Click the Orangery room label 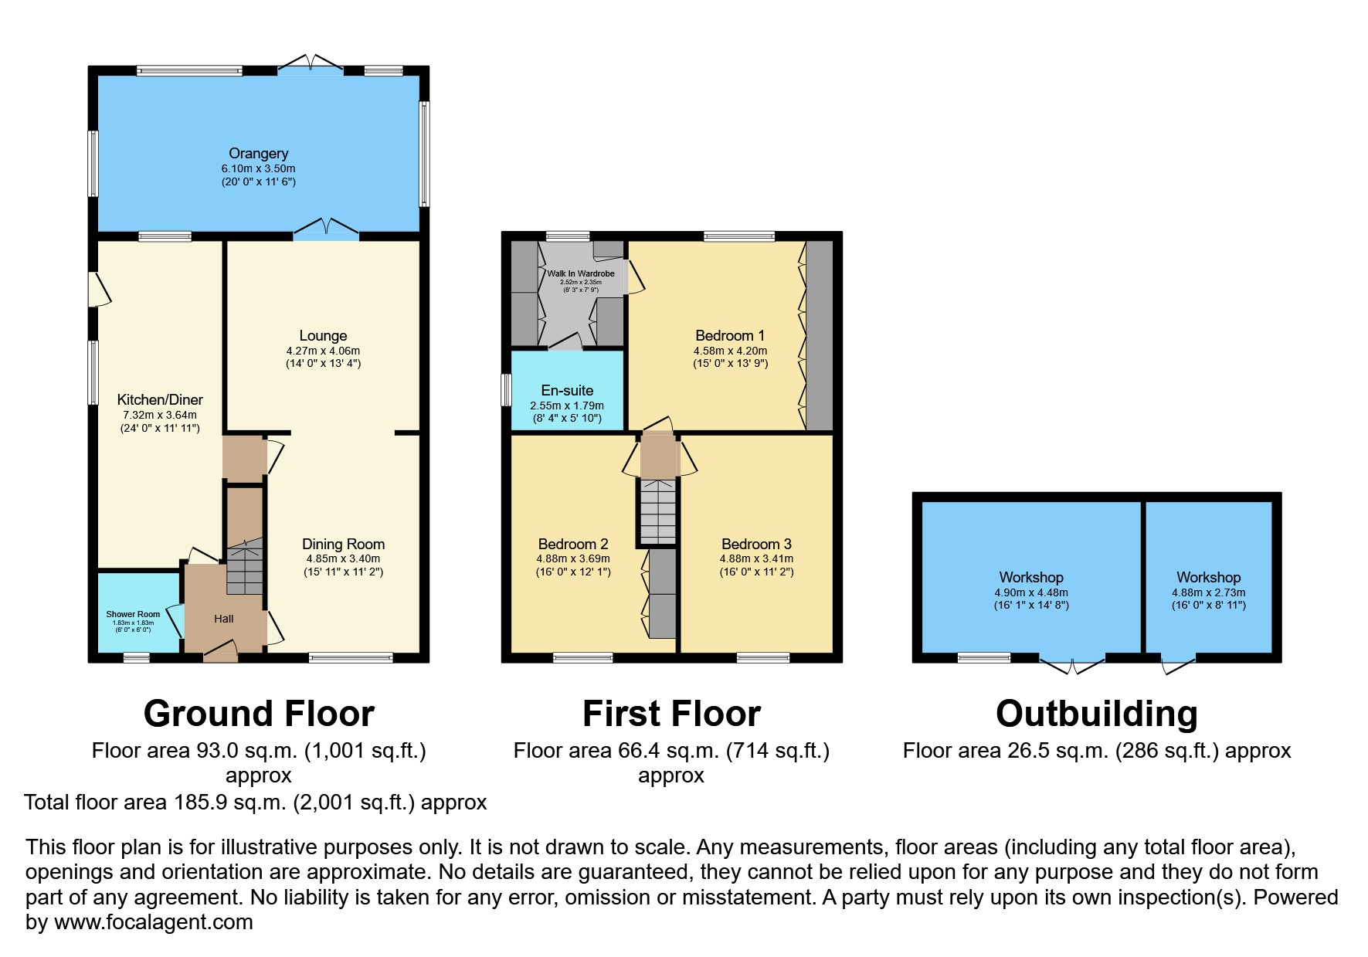pyautogui.click(x=258, y=153)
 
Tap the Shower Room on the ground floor pyautogui.click(x=133, y=614)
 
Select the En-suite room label pyautogui.click(x=567, y=390)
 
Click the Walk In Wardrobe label pyautogui.click(x=581, y=273)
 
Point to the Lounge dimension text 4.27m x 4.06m pyautogui.click(x=323, y=350)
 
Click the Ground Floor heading pyautogui.click(x=259, y=713)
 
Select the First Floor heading pyautogui.click(x=671, y=713)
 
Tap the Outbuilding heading pyautogui.click(x=1096, y=713)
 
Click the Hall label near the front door pyautogui.click(x=224, y=619)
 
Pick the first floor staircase pyautogui.click(x=657, y=510)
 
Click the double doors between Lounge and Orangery pyautogui.click(x=326, y=231)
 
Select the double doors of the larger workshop pyautogui.click(x=1072, y=663)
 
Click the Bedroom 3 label pyautogui.click(x=756, y=544)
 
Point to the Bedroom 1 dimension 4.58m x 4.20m pyautogui.click(x=730, y=350)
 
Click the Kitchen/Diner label pyautogui.click(x=160, y=399)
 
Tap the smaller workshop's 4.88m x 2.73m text pyautogui.click(x=1208, y=592)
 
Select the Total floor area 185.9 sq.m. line pyautogui.click(x=255, y=802)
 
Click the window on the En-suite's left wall pyautogui.click(x=507, y=390)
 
